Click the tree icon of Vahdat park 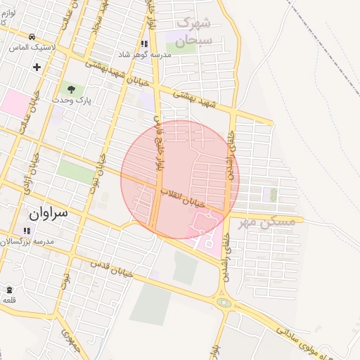click(70, 89)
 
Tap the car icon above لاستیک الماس click(32, 36)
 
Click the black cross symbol click(37, 67)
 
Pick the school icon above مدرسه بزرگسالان click(27, 230)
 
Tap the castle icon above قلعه click(8, 290)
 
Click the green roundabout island click(224, 303)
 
